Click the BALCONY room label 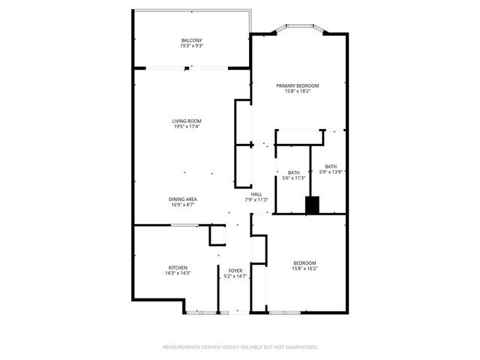(x=191, y=40)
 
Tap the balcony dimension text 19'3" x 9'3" (x=191, y=46)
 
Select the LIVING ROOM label (x=187, y=121)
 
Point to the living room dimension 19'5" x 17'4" (x=187, y=127)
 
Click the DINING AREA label (x=183, y=199)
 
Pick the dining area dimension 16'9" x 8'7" (x=183, y=205)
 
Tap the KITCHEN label (x=178, y=268)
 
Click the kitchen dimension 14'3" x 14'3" (x=178, y=274)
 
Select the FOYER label (x=235, y=270)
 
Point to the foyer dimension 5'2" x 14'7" (x=235, y=276)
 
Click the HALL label (x=256, y=193)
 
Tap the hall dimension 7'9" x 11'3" (x=256, y=199)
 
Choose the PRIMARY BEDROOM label (x=298, y=85)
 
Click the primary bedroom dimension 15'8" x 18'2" (x=298, y=91)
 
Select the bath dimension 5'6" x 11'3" (x=294, y=178)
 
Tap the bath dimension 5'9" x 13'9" (x=331, y=172)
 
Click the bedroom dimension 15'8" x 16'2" (x=304, y=268)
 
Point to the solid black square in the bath (x=312, y=205)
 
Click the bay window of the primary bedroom (x=298, y=29)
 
